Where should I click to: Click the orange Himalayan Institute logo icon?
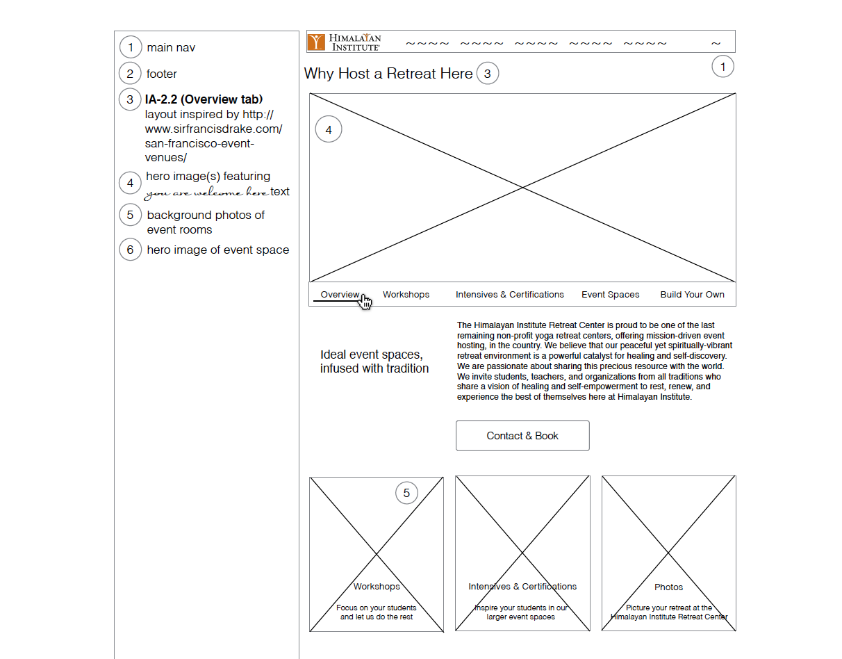[x=316, y=42]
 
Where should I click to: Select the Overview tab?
[x=340, y=295]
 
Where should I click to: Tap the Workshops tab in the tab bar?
[x=406, y=295]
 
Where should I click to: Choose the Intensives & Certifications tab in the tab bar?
[x=509, y=295]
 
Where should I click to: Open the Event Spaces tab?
[x=610, y=295]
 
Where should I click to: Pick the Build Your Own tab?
[x=692, y=295]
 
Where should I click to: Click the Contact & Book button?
[x=522, y=436]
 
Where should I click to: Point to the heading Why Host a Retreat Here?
[x=388, y=74]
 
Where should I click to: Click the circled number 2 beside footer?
[x=130, y=74]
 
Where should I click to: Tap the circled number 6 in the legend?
[x=130, y=250]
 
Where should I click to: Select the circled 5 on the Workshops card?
[x=406, y=494]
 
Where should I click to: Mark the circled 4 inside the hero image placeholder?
[x=329, y=130]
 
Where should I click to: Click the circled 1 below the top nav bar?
[x=723, y=67]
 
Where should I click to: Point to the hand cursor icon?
[x=365, y=302]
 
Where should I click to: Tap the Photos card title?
[x=668, y=587]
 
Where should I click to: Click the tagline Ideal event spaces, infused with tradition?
[x=374, y=361]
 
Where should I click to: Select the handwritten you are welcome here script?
[x=206, y=193]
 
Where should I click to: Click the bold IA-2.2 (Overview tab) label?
[x=204, y=99]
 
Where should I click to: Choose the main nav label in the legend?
[x=171, y=48]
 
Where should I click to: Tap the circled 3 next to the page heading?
[x=487, y=73]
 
